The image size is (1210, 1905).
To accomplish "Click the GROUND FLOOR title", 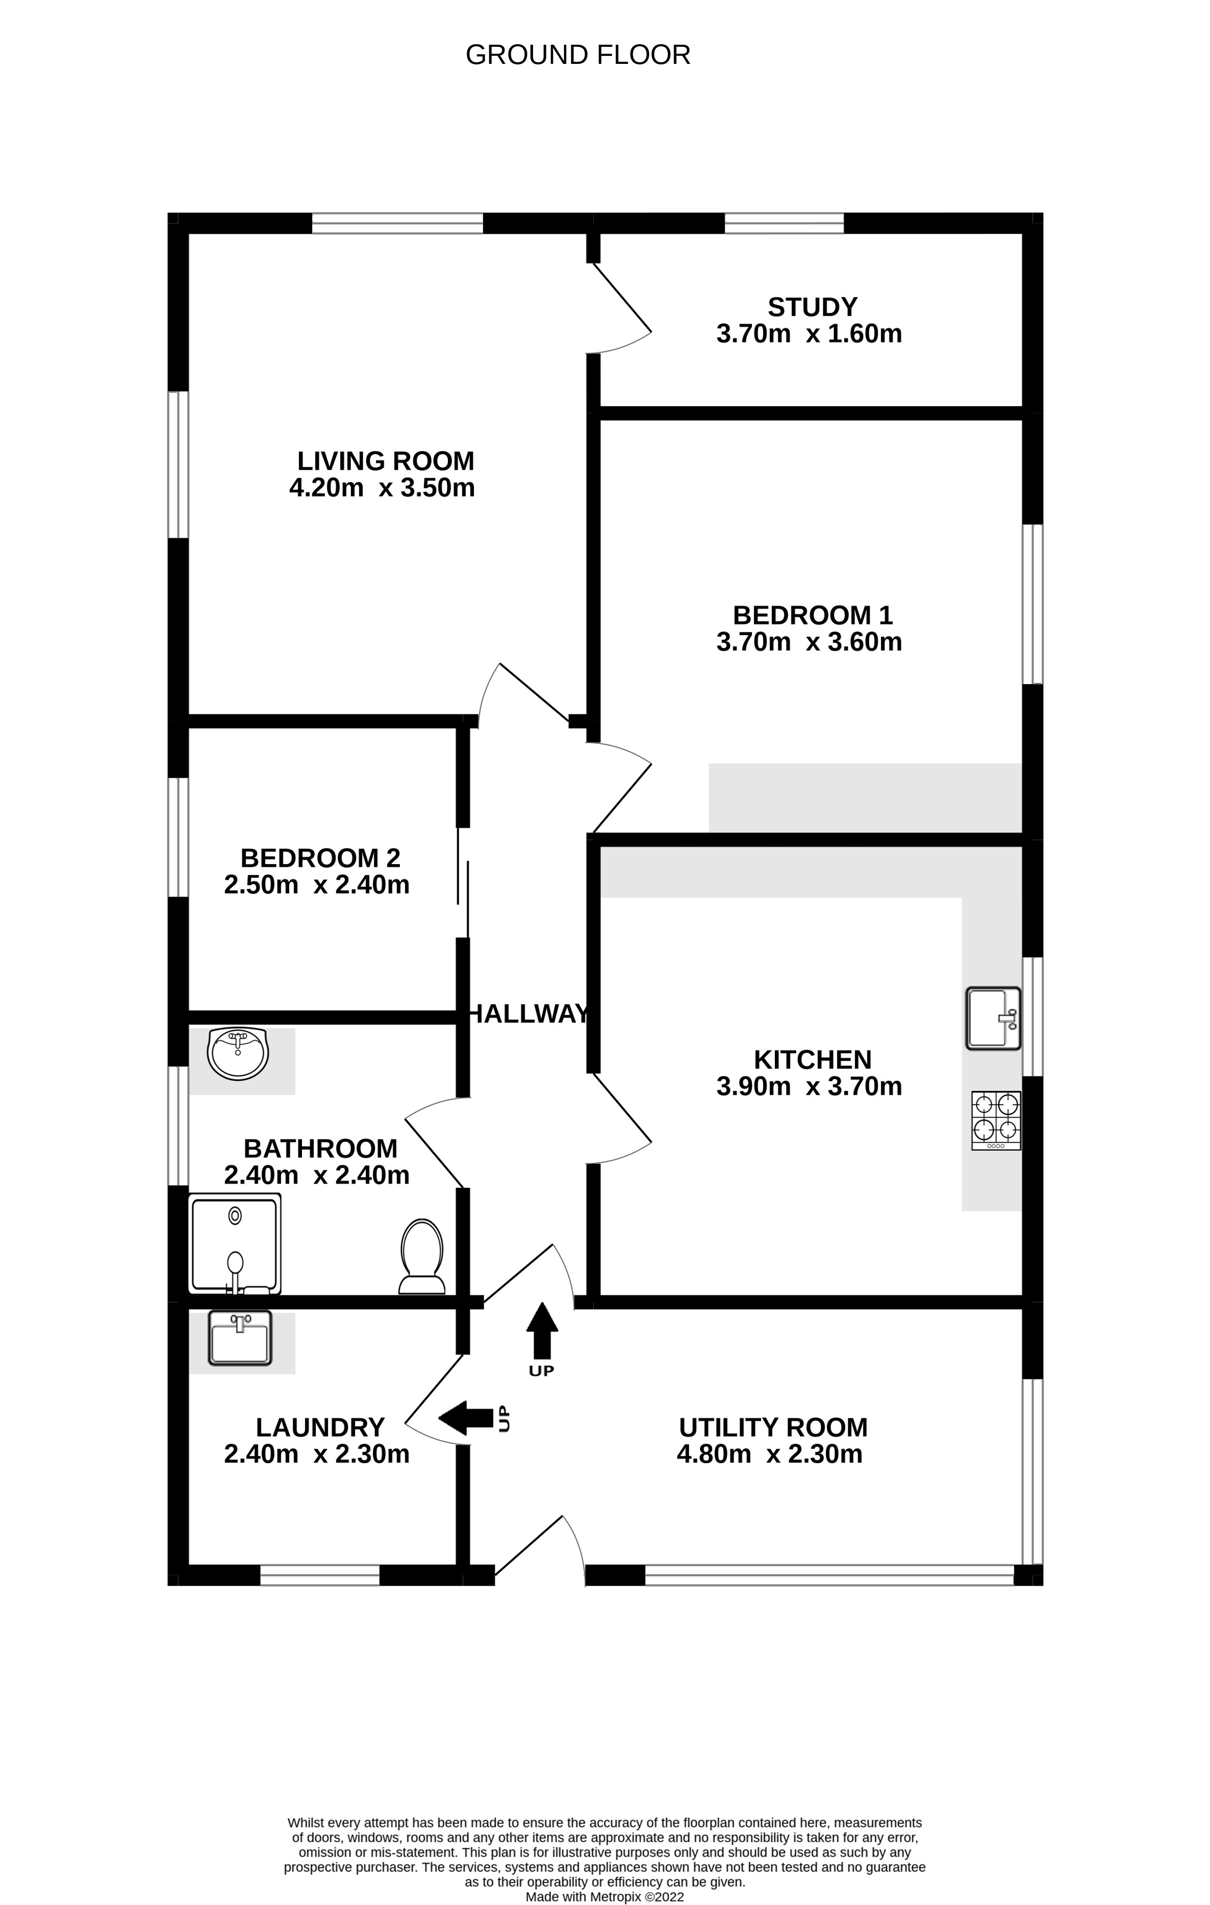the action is click(x=578, y=55).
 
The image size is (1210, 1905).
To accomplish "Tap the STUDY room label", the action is click(x=812, y=306).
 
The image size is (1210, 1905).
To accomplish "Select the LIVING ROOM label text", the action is click(x=386, y=461).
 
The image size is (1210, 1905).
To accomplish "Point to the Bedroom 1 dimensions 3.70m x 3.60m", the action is click(x=809, y=642).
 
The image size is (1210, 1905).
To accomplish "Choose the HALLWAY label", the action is click(x=529, y=1013).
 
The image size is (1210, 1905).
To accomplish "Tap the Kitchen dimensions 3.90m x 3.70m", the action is click(x=809, y=1086).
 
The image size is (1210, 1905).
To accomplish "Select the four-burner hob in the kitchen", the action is click(x=995, y=1120).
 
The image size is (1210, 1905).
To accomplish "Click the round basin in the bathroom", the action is click(x=238, y=1054).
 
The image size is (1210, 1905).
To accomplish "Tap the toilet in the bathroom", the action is click(x=422, y=1257).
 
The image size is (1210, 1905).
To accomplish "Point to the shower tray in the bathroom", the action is click(x=235, y=1244).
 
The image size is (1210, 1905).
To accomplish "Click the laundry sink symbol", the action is click(x=240, y=1338).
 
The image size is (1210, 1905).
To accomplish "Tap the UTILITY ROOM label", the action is click(x=773, y=1428).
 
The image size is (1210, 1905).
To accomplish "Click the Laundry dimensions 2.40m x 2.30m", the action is click(x=316, y=1454).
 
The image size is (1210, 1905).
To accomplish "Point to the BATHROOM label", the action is click(x=321, y=1148).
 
